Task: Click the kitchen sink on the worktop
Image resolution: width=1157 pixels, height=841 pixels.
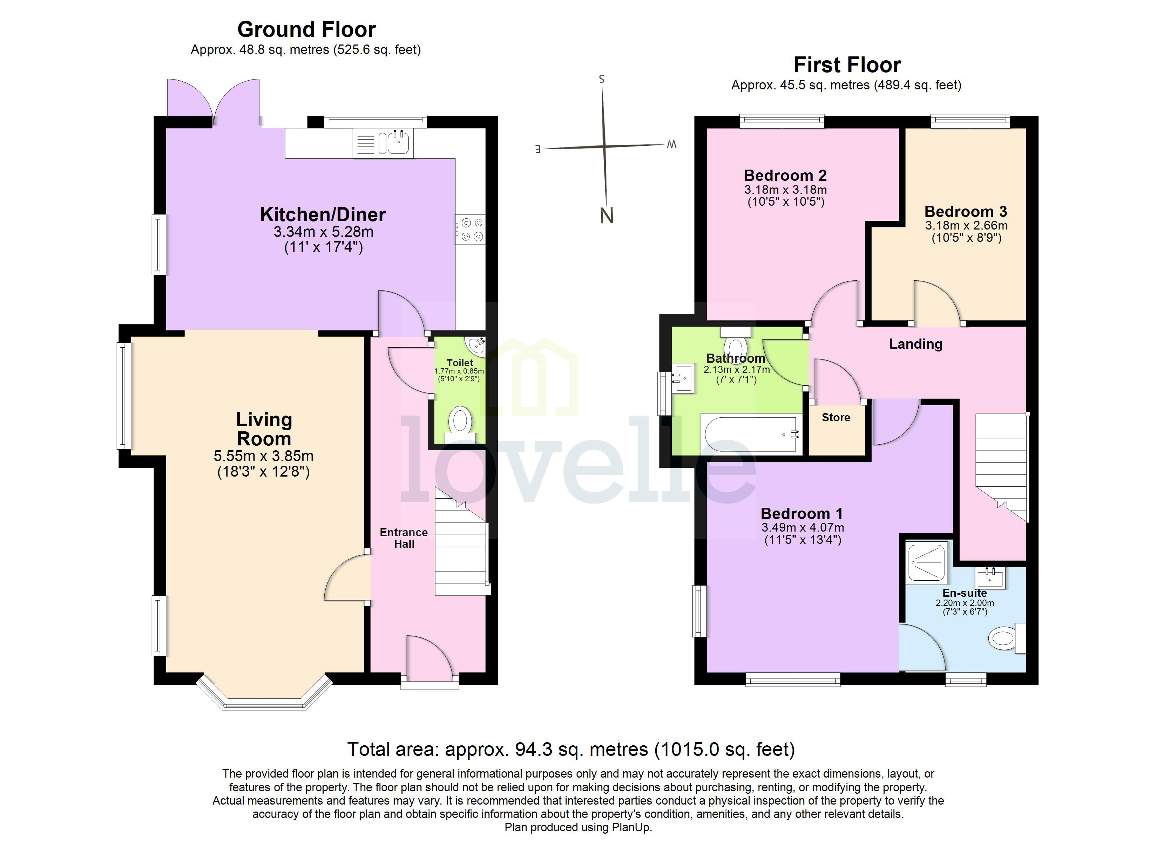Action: pyautogui.click(x=397, y=142)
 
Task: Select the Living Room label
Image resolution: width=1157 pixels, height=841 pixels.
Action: pyautogui.click(x=264, y=429)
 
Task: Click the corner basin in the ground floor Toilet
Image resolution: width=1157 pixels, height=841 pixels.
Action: pyautogui.click(x=477, y=345)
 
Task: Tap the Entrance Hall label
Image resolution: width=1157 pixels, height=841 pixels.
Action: pyautogui.click(x=404, y=538)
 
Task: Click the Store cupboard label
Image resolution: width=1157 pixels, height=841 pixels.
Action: pyautogui.click(x=835, y=418)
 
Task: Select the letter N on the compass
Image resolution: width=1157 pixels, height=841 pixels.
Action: pyautogui.click(x=607, y=216)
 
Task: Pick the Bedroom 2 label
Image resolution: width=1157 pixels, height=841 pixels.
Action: pyautogui.click(x=785, y=176)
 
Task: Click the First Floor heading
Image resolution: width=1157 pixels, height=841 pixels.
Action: pyautogui.click(x=847, y=65)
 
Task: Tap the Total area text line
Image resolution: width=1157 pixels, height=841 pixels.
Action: pyautogui.click(x=571, y=749)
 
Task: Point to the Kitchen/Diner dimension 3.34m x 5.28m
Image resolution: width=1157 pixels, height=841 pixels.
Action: pyautogui.click(x=323, y=232)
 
